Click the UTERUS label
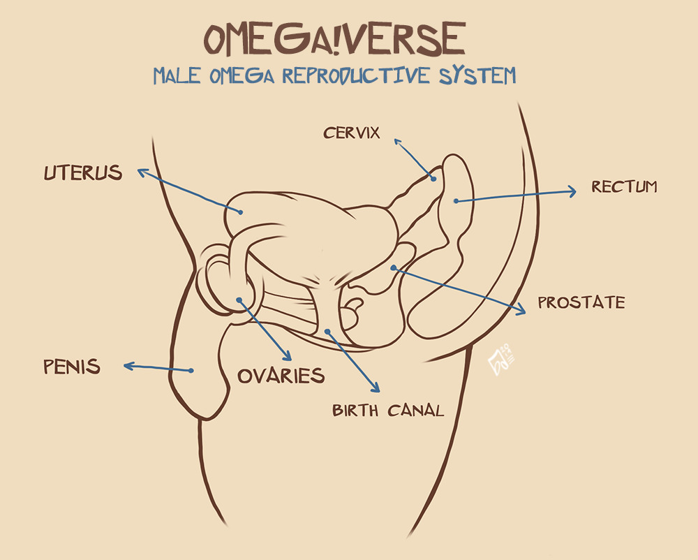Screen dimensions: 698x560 (83, 172)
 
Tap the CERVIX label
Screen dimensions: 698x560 (352, 133)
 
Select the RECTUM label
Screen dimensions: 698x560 (624, 186)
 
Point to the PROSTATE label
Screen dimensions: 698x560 (581, 303)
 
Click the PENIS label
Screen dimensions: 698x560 (72, 367)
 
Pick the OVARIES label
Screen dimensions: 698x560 (281, 376)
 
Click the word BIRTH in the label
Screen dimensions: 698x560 (355, 411)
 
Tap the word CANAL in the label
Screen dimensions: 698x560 (416, 411)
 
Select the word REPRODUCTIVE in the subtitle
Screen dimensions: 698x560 (356, 75)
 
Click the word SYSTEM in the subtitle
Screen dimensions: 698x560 (477, 75)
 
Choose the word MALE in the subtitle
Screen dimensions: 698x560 (177, 75)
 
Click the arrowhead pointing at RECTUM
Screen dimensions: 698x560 (572, 191)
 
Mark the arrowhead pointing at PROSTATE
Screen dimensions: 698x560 (520, 309)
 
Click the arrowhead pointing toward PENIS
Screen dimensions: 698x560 (129, 367)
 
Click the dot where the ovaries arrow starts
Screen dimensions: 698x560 (239, 300)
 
